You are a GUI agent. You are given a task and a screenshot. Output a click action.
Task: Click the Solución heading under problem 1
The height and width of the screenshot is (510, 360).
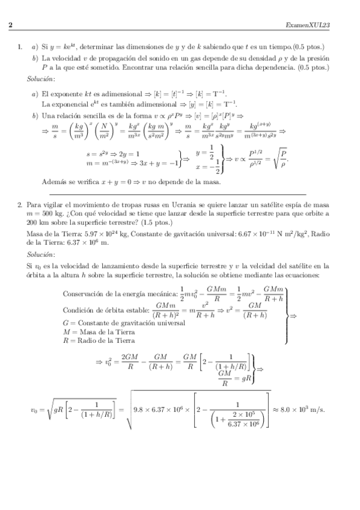click(40, 79)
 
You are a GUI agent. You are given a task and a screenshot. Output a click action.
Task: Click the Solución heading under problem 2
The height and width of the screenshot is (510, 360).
click(40, 256)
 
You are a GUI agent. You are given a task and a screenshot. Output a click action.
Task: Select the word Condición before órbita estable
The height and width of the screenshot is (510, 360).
click(79, 311)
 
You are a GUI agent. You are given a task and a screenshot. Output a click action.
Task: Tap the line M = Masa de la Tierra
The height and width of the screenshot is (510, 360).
click(99, 331)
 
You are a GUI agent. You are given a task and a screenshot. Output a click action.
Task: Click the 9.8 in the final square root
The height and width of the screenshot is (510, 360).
click(141, 411)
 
